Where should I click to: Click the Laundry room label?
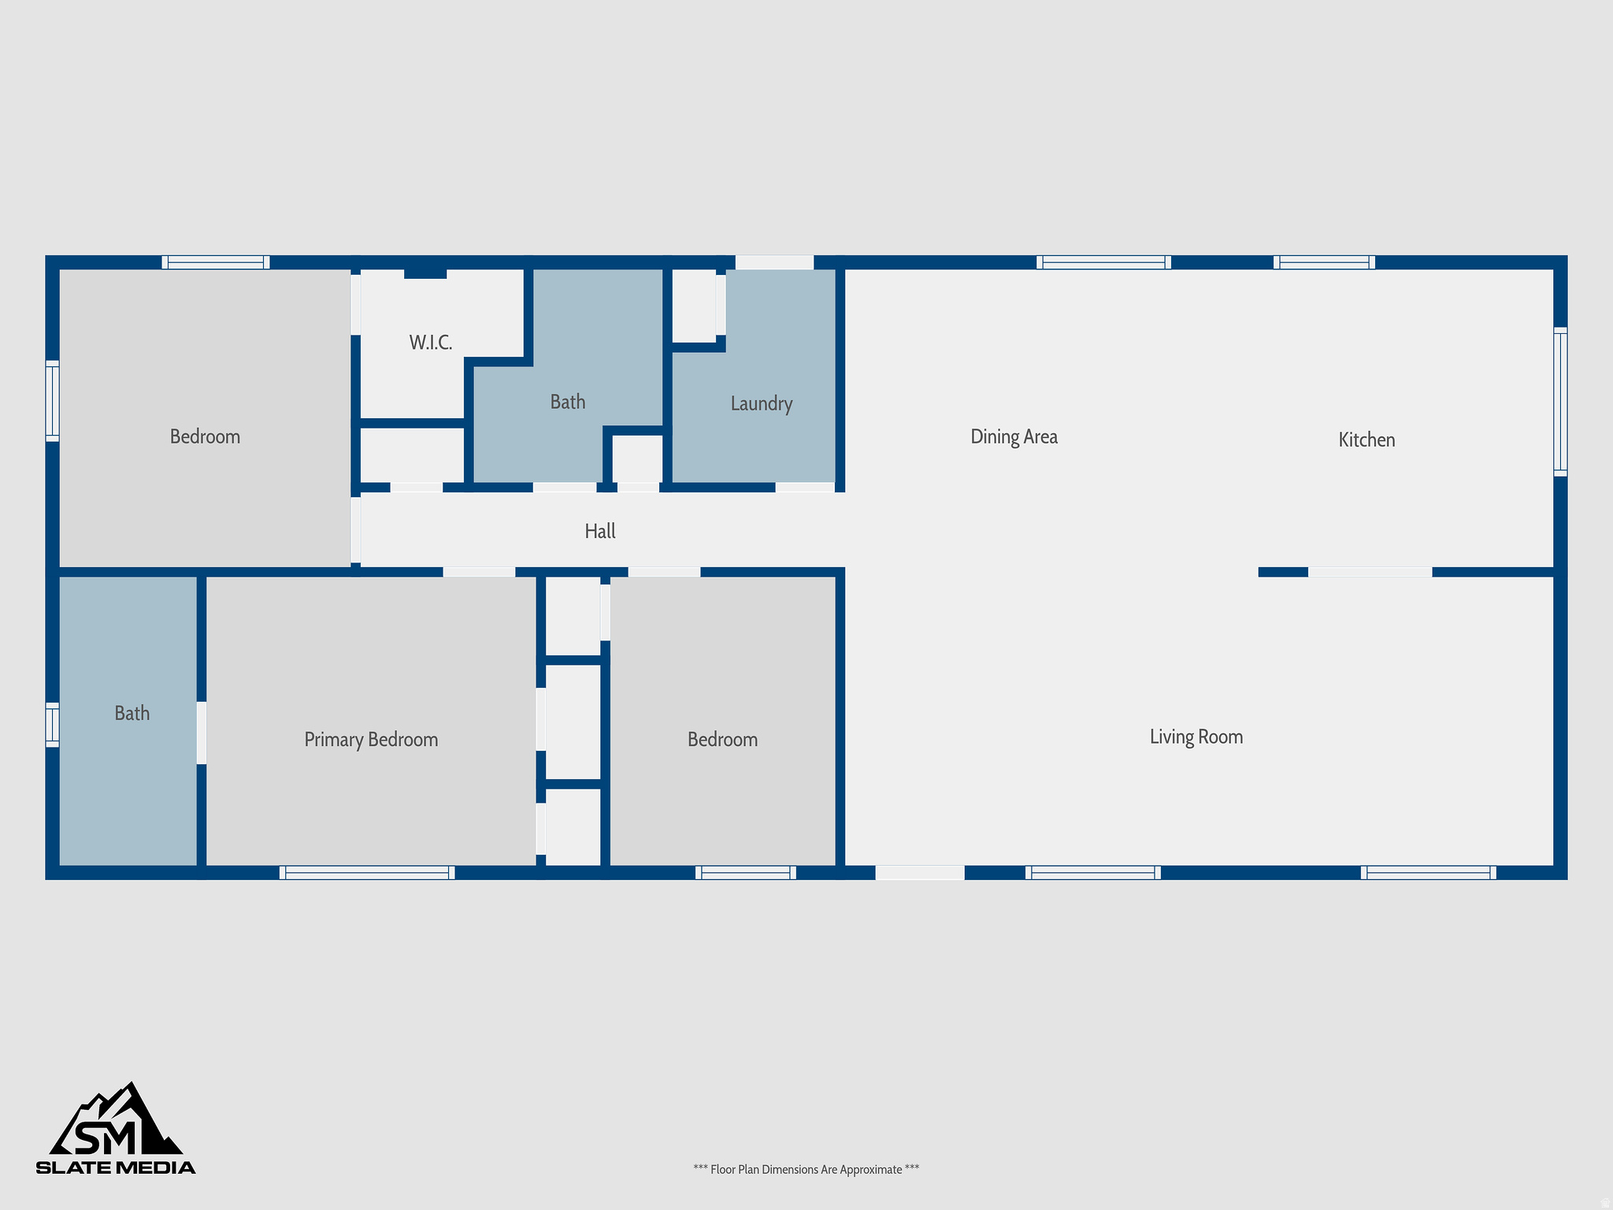tap(761, 403)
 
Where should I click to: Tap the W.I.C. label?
tap(430, 343)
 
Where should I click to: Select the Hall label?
tap(599, 532)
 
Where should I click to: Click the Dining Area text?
tap(1014, 436)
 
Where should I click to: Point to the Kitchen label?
tap(1366, 440)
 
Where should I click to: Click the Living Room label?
tap(1196, 737)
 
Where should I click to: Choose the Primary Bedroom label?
tap(371, 740)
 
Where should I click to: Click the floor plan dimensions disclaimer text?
tap(806, 1169)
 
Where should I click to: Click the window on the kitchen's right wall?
tap(1559, 402)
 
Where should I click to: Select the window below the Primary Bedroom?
tap(367, 872)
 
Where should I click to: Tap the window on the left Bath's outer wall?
tap(52, 724)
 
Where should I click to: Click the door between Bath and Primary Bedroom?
tap(202, 733)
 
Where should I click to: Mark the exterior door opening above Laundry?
tap(774, 262)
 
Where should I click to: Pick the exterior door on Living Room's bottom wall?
tap(919, 872)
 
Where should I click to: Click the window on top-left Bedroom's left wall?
tap(52, 400)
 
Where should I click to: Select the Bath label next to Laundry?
tap(567, 403)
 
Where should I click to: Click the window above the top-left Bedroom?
tap(216, 262)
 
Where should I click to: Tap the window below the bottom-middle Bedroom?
tap(745, 872)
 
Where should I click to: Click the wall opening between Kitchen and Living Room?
tap(1370, 572)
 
